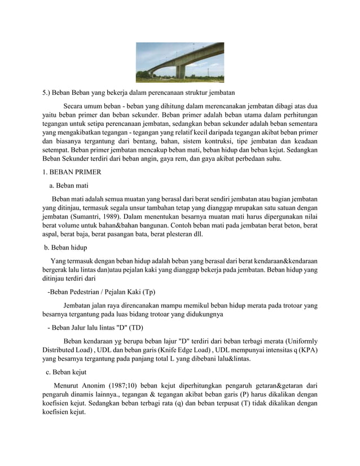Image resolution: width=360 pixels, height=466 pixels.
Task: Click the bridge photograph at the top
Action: (x=179, y=62)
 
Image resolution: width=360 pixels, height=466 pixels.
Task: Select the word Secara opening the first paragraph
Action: (x=74, y=105)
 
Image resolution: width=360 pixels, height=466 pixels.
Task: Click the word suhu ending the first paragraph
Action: (x=280, y=159)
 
